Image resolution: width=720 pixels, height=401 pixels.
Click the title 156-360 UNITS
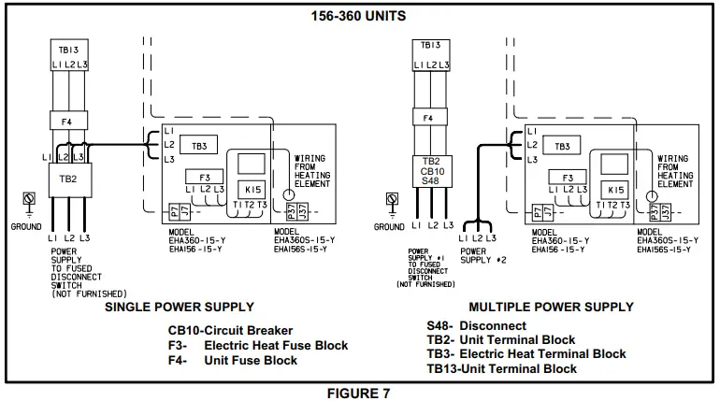coord(360,16)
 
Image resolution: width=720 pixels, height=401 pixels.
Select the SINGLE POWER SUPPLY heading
coord(179,307)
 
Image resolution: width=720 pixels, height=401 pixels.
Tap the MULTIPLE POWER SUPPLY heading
coord(551,307)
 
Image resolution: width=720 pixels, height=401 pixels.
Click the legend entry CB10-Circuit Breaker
coord(230,330)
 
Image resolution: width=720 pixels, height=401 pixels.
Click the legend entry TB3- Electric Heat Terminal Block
coord(526,354)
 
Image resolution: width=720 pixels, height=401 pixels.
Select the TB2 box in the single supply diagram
coord(67,178)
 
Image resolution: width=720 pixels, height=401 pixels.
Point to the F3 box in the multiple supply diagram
coord(568,177)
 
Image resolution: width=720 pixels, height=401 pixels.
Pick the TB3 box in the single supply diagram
coord(199,147)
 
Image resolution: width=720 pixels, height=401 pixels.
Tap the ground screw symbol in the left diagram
coord(28,199)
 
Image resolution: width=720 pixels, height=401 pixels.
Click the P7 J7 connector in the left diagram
coord(175,212)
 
